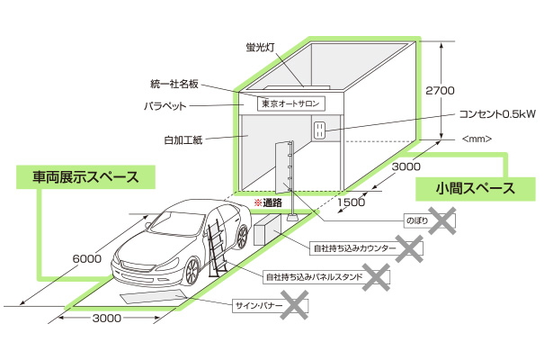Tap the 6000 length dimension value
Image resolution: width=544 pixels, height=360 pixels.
[86, 257]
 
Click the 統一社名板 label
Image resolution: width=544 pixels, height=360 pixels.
[173, 85]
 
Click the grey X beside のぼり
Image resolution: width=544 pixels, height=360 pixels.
[440, 219]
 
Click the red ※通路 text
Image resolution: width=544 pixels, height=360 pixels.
[268, 202]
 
